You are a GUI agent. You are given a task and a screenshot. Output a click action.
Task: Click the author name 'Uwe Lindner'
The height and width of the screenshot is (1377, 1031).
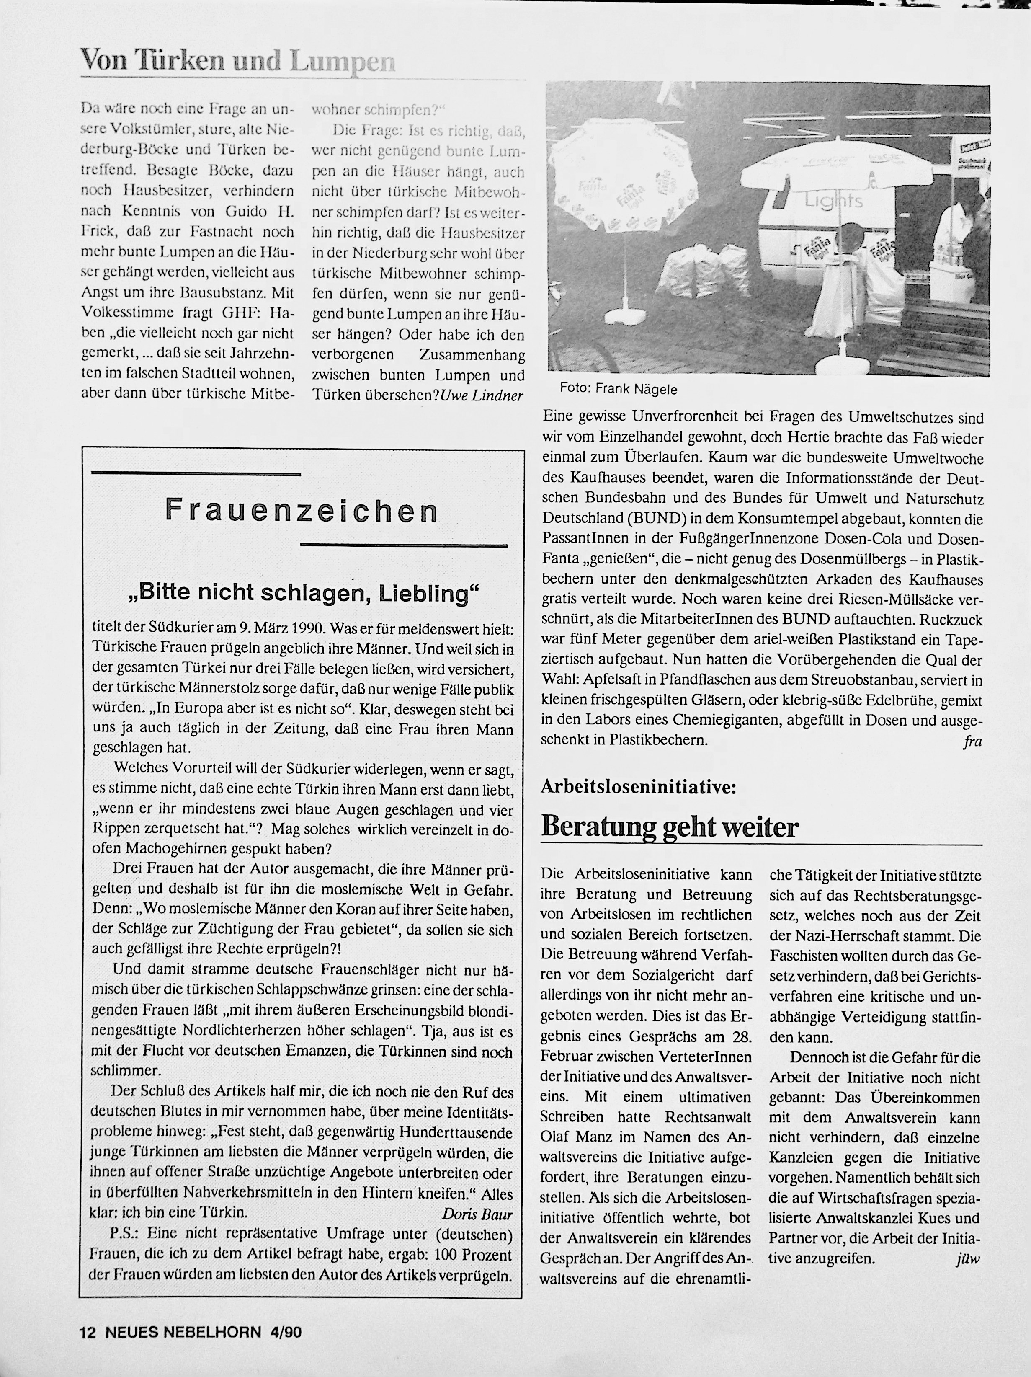(x=482, y=396)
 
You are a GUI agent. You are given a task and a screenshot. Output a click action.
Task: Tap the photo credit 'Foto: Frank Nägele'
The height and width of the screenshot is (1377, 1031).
(x=618, y=389)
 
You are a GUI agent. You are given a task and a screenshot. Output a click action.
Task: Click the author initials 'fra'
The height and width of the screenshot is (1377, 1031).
(x=972, y=741)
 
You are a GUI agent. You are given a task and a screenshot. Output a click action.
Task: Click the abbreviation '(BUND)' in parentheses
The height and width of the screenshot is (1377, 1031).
(x=650, y=519)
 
